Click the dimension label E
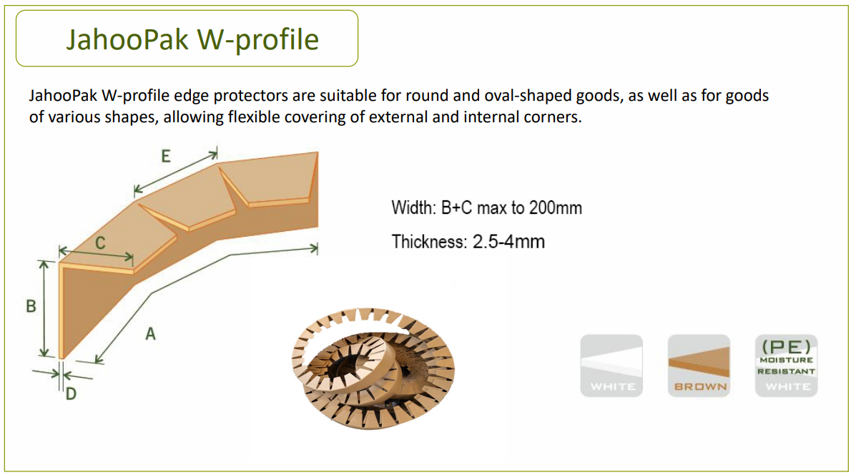tap(166, 156)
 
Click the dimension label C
tap(101, 243)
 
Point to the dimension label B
tap(31, 306)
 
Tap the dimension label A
tap(150, 333)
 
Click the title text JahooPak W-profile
tap(192, 39)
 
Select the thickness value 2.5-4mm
tap(508, 242)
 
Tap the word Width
tap(412, 208)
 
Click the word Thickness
tap(428, 242)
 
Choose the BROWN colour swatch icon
tap(699, 366)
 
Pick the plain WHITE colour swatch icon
tap(611, 366)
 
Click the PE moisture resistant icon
tap(786, 366)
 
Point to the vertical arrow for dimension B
tap(44, 308)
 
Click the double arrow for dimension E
tap(176, 172)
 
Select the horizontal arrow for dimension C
tap(96, 254)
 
